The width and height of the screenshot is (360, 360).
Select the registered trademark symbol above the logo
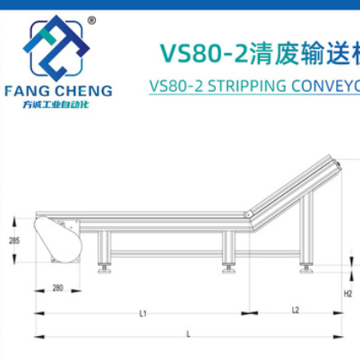point(92,20)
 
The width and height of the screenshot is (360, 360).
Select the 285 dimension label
point(15,242)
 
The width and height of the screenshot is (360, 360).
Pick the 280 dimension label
point(57,287)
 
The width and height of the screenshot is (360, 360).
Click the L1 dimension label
point(143,313)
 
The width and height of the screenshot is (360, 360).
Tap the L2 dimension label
point(295,309)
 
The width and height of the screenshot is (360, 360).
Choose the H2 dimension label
point(347,292)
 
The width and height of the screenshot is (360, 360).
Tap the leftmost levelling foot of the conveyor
point(105,269)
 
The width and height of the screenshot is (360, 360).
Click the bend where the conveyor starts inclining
point(249,214)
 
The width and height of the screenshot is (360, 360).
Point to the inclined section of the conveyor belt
point(291,188)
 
